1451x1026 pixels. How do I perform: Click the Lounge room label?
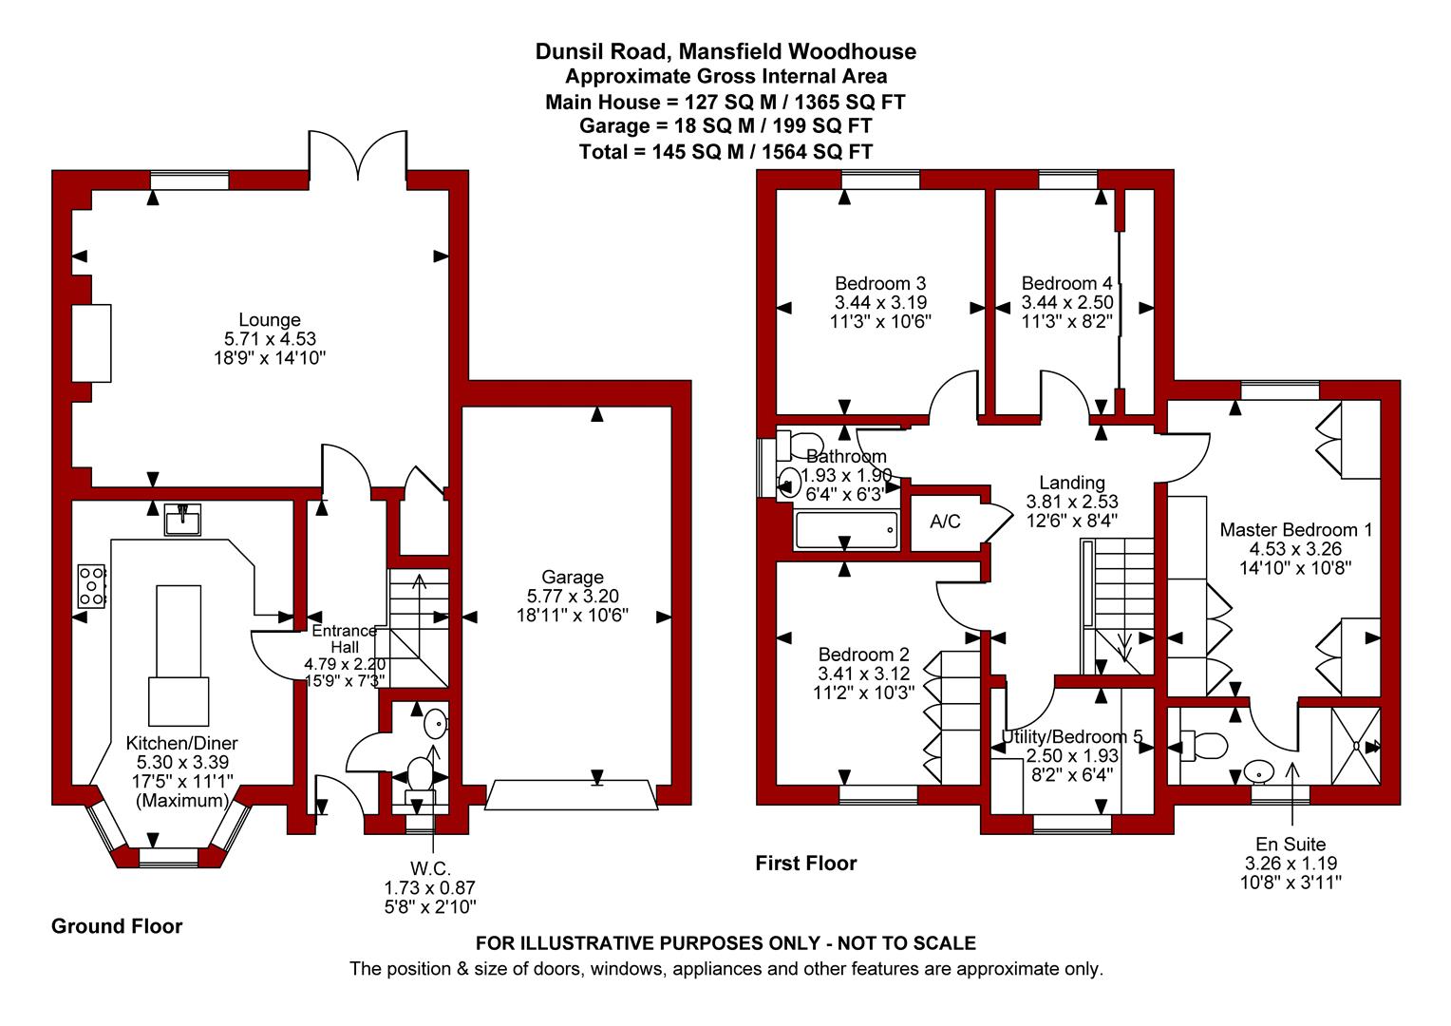click(x=270, y=319)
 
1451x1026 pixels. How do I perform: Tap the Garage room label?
click(x=572, y=577)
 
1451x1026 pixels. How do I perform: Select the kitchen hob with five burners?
click(x=91, y=586)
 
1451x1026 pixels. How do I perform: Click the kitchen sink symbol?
click(x=182, y=520)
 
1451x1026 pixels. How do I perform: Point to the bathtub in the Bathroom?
click(x=846, y=530)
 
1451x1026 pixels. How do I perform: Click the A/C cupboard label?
click(x=945, y=522)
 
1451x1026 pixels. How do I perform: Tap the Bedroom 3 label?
click(x=880, y=283)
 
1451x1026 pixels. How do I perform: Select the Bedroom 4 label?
click(x=1066, y=283)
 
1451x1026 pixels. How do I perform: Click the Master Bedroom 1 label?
click(x=1295, y=529)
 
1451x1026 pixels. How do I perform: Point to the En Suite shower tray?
click(x=1356, y=746)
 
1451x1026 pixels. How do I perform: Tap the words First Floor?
click(x=806, y=864)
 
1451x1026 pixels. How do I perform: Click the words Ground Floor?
click(x=117, y=926)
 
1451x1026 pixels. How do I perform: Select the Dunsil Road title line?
click(x=725, y=51)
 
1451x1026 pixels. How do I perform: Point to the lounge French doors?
click(x=358, y=154)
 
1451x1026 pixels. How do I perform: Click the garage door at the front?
click(x=572, y=796)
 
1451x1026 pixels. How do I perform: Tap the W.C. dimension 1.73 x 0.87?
click(x=429, y=888)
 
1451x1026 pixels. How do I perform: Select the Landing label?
click(x=1072, y=483)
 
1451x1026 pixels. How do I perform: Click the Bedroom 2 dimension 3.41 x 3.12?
click(x=863, y=674)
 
